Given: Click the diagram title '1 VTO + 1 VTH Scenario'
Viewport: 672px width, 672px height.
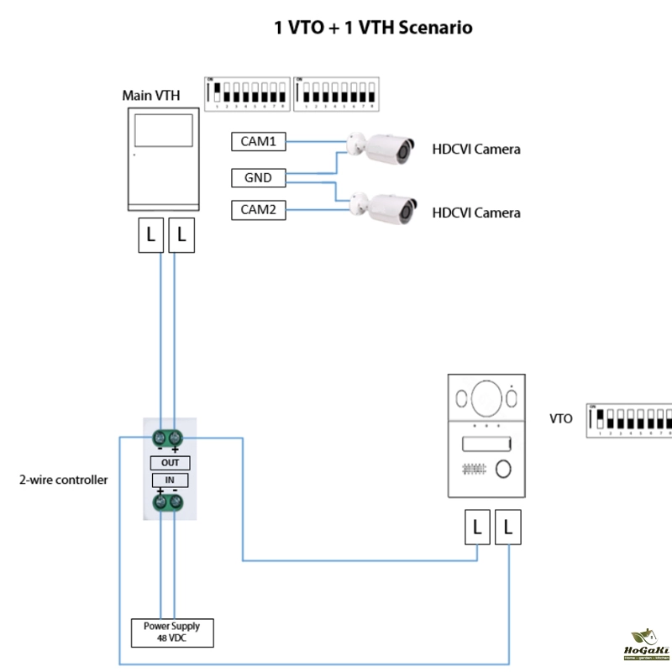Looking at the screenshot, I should click(x=373, y=28).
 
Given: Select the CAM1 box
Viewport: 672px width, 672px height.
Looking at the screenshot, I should click(x=258, y=142).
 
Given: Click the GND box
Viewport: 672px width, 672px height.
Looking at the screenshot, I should click(x=258, y=177).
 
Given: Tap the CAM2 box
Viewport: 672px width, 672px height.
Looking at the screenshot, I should click(x=258, y=210).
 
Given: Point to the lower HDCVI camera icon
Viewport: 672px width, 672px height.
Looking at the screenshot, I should click(x=384, y=207).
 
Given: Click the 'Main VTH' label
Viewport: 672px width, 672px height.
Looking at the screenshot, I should click(x=151, y=95).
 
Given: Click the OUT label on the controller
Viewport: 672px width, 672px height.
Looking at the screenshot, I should click(x=170, y=463).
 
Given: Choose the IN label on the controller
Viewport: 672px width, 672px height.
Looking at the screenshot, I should click(x=170, y=480).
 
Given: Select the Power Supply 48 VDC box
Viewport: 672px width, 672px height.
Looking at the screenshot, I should click(x=171, y=633).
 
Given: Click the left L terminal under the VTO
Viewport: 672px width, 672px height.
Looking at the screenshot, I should click(x=477, y=528).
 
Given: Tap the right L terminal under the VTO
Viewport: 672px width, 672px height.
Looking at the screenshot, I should click(x=509, y=528).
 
